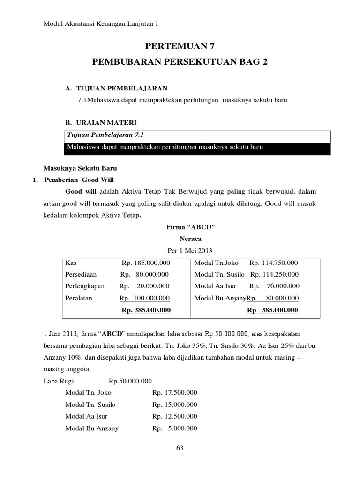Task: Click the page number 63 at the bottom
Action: coord(180,448)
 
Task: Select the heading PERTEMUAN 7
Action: coord(180,46)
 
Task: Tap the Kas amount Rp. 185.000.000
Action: coord(146,263)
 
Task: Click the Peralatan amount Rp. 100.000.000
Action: coord(144,298)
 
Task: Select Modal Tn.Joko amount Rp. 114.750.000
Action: coord(274,263)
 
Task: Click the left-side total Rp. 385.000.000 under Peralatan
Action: coord(146,310)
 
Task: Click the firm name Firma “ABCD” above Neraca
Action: coord(180,227)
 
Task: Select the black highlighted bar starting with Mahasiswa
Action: coord(197,148)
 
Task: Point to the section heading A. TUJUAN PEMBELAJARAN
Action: coord(116,88)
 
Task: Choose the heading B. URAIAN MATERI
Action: coord(101,123)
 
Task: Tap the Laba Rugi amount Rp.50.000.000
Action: coord(130,381)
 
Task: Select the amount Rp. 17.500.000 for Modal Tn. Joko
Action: coord(174,393)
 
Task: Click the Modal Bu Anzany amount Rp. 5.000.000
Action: coord(174,428)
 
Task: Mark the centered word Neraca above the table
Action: coord(180,239)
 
